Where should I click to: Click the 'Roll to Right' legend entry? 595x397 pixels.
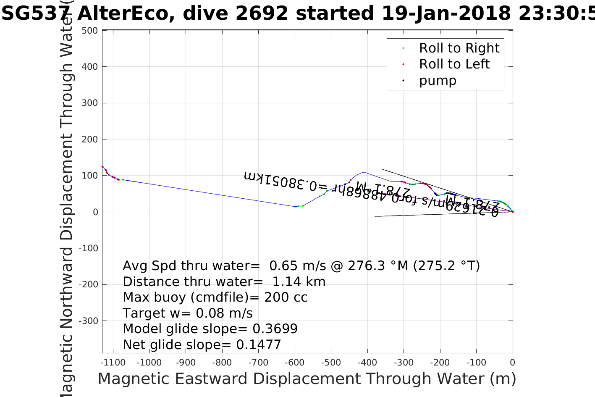tap(459, 48)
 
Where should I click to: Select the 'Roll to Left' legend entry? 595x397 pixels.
tap(454, 64)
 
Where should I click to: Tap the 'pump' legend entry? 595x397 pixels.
tap(437, 80)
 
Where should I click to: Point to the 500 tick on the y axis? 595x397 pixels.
tap(90, 31)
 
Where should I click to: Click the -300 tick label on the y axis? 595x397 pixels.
tap(89, 321)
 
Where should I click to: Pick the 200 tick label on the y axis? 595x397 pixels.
tap(90, 139)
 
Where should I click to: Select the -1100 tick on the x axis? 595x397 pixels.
tap(113, 363)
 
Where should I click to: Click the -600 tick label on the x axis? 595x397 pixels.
tap(294, 363)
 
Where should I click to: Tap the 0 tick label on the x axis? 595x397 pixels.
tap(512, 363)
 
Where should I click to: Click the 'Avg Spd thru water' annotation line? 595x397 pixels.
tap(301, 266)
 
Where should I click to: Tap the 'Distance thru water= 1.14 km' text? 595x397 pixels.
tap(224, 282)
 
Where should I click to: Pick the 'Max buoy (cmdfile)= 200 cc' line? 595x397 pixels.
tap(215, 297)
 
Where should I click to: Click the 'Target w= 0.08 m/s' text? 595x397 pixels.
tap(188, 313)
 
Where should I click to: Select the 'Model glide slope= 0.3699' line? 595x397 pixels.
tap(210, 329)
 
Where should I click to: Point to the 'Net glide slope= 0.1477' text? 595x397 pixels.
tap(202, 345)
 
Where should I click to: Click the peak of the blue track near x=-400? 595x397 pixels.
tap(364, 172)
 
